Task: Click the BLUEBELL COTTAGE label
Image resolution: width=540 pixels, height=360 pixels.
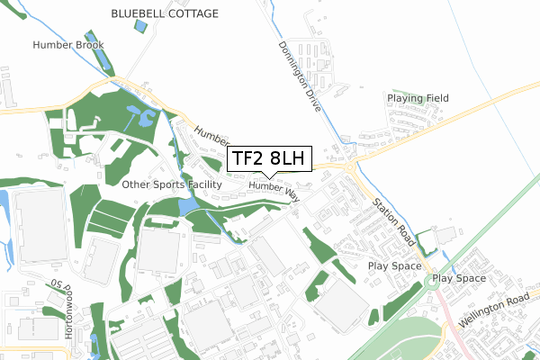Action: pos(165,14)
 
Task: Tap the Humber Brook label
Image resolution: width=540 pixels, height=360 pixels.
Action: pos(68,44)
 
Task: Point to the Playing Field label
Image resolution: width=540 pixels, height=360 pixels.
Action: pos(417,97)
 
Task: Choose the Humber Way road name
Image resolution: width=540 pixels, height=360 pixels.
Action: pos(274,188)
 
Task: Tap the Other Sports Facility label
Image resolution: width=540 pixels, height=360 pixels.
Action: pos(171,184)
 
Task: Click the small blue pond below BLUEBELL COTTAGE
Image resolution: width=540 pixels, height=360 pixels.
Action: pos(139,25)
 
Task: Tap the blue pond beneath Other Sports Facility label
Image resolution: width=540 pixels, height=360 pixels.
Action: pos(186,207)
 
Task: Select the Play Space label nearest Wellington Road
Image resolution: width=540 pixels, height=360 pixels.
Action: pos(459,279)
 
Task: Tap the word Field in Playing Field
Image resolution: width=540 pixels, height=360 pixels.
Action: pos(434,97)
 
